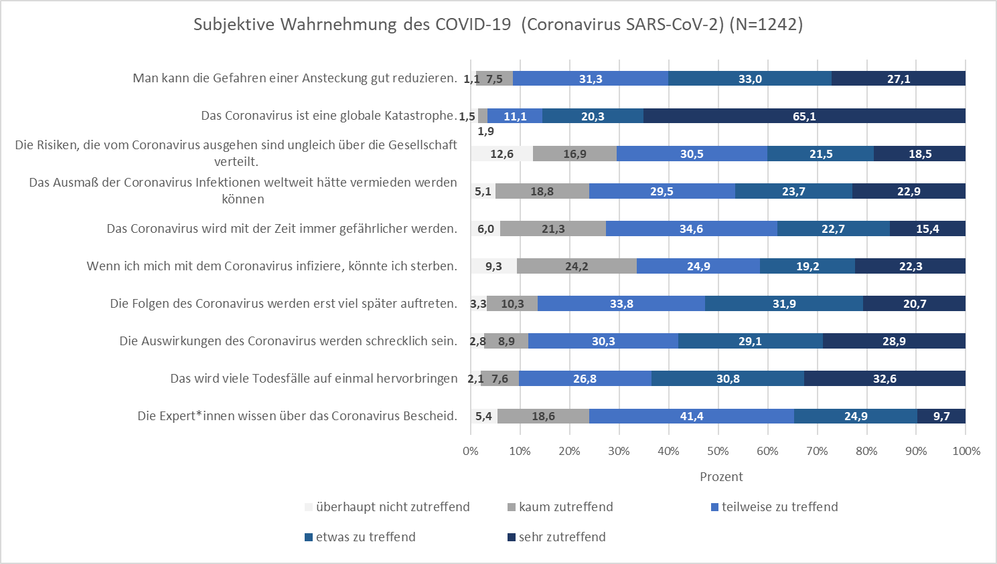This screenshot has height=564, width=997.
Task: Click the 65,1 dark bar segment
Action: coord(804,116)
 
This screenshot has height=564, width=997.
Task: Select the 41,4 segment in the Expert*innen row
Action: coord(692,416)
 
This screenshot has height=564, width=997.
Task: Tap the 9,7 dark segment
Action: coord(941,416)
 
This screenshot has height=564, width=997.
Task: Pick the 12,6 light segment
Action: coord(502,154)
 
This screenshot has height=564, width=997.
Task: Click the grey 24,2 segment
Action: coord(577,266)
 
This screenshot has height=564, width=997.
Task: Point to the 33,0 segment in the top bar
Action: coord(750,79)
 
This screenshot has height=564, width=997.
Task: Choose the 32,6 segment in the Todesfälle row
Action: coord(885,379)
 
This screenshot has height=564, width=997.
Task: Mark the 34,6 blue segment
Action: coord(691,229)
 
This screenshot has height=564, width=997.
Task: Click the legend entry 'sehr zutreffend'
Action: coord(562,537)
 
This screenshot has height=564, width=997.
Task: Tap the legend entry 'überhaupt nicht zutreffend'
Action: coord(392,507)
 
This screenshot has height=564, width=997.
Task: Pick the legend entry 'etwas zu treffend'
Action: coord(366,537)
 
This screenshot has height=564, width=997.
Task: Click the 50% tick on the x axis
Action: coord(718,451)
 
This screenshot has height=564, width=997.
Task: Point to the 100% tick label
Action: coord(966,451)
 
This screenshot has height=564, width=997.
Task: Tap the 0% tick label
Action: coord(471,451)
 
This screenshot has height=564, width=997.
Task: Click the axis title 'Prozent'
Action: coord(721,477)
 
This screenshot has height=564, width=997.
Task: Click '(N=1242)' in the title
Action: coord(766,25)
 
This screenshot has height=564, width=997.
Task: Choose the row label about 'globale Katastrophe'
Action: coord(329,116)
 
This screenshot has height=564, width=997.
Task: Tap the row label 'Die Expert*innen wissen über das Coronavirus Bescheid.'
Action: coord(297,416)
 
